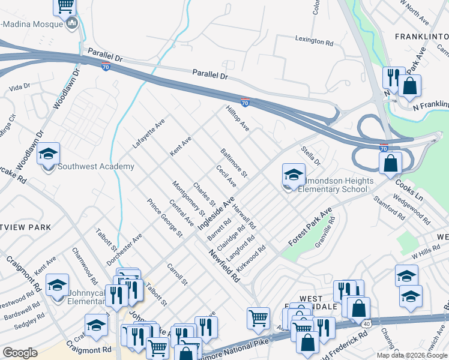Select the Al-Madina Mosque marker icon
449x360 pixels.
pos(73,23)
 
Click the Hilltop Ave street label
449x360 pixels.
pos(237,119)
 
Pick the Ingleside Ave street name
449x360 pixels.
pos(221,212)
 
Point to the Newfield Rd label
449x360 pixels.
pos(225,267)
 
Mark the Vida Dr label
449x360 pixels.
pos(20,87)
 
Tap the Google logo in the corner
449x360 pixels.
pos(20,353)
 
